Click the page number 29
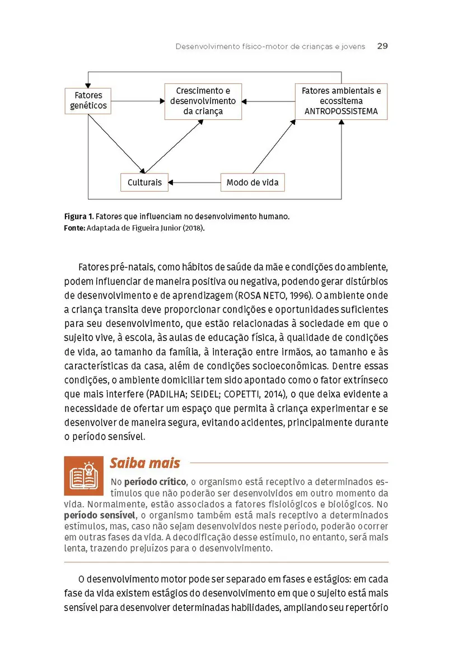click(x=382, y=46)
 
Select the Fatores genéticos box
click(x=88, y=101)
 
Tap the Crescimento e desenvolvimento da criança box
click(x=203, y=101)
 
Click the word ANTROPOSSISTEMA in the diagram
click(x=341, y=111)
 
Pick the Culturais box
click(x=144, y=183)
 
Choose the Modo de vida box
click(x=252, y=183)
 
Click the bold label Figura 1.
click(x=78, y=216)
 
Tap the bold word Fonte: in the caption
click(x=74, y=227)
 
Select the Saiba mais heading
click(x=144, y=463)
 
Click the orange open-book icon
click(x=83, y=475)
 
